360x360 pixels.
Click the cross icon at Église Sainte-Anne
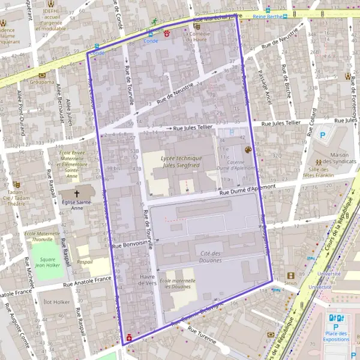click(77, 194)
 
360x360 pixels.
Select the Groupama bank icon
click(42, 76)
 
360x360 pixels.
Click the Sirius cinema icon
click(291, 275)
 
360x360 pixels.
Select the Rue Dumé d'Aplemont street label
click(247, 189)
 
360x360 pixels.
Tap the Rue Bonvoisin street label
click(130, 245)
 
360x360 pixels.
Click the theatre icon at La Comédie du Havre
click(197, 26)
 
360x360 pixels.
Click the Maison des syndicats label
click(331, 158)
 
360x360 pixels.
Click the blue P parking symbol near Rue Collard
click(323, 136)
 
